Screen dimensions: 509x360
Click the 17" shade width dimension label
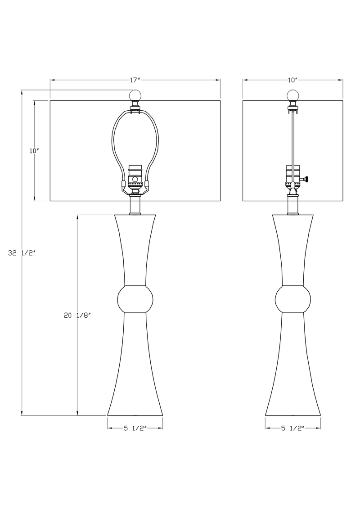[135, 80]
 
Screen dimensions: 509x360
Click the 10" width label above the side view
[292, 80]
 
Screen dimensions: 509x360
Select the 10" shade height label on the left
[33, 151]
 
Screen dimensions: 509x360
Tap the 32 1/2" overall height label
[22, 253]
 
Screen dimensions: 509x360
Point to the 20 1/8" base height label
[77, 315]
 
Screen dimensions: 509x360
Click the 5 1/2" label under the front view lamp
[135, 428]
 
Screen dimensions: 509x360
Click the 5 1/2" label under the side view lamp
[293, 428]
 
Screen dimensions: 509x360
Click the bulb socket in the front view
[135, 178]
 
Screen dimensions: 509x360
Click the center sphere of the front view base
[135, 298]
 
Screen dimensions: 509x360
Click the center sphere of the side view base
[293, 298]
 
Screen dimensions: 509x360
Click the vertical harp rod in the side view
[293, 137]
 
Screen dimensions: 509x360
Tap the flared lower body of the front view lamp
[135, 374]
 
